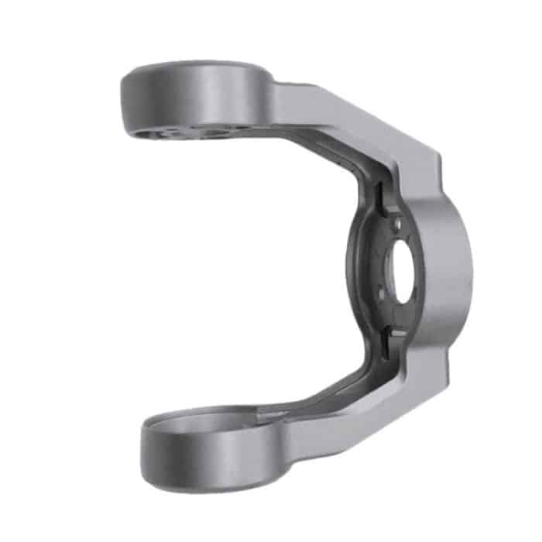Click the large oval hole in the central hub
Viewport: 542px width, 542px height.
[404, 275]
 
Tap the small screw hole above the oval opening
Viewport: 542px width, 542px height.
[396, 225]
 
